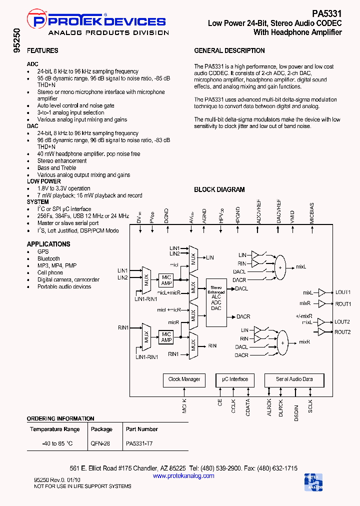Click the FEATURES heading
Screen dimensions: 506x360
42,50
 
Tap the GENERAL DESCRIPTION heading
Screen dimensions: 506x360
229,50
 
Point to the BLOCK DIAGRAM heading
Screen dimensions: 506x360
219,190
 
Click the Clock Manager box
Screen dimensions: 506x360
184,379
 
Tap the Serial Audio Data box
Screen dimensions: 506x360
294,379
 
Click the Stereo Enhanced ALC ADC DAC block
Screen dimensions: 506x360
216,298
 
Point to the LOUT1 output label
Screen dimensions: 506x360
342,292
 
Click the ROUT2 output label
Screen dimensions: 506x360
342,332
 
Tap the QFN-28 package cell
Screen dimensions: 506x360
100,443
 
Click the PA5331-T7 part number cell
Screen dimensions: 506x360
139,443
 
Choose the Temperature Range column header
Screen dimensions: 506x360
54,429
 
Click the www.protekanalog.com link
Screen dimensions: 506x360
183,475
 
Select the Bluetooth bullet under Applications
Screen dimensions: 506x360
48,258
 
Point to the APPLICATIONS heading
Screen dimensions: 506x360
48,244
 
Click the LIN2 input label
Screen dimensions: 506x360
122,277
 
